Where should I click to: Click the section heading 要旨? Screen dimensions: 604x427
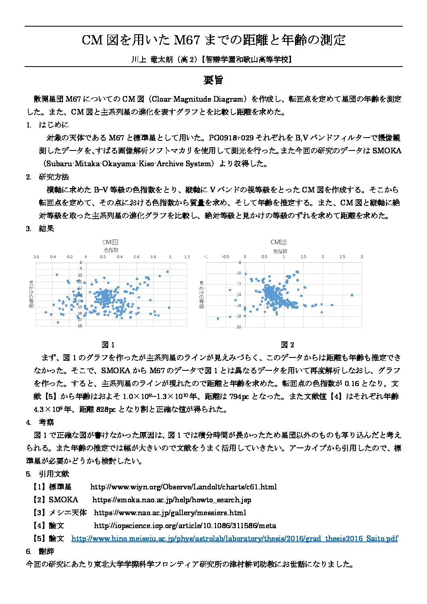[x=213, y=80]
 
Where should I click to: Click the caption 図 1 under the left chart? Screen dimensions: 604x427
[x=108, y=345]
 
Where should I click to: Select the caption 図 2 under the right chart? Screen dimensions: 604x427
[x=287, y=345]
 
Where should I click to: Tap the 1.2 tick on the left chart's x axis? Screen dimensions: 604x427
[x=187, y=257]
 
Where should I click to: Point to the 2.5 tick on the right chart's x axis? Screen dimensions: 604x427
[x=342, y=257]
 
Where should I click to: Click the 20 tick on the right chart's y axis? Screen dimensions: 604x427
[x=239, y=327]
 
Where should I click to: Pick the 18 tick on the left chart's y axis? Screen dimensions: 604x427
[x=80, y=326]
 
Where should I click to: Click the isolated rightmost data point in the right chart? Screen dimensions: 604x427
[x=352, y=295]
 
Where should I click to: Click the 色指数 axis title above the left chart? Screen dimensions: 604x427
[x=111, y=250]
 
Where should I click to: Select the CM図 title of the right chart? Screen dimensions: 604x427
[x=278, y=242]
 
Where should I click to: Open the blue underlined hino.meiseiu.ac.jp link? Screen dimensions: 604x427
[x=234, y=538]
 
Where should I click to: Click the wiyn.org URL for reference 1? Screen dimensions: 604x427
[x=183, y=487]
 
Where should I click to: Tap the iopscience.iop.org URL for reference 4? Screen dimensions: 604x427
[x=185, y=525]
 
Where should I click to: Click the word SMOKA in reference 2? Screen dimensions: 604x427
[x=63, y=500]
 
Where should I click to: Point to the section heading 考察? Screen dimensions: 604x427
[x=46, y=422]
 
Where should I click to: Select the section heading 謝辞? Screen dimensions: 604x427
[x=46, y=551]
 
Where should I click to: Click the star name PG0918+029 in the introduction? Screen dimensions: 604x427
[x=231, y=138]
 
